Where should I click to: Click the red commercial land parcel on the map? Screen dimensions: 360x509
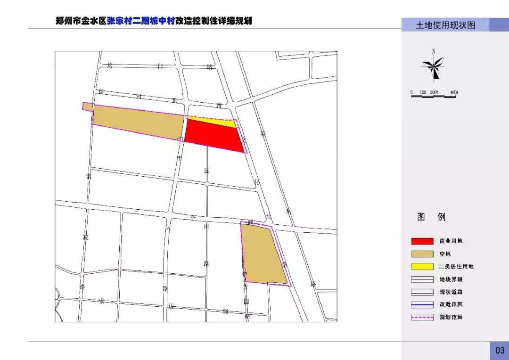coord(214,135)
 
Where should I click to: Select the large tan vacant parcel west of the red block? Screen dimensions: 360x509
coord(137,122)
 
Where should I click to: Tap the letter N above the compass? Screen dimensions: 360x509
coord(434,51)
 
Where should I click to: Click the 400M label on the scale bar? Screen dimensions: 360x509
coord(453,92)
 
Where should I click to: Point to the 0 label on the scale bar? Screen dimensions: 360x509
coord(411,92)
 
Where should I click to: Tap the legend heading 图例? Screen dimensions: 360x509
coord(431,217)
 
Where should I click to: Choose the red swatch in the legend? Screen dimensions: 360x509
coord(422,241)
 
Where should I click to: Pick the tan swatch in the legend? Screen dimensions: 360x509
coord(422,254)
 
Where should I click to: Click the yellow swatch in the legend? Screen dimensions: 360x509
coord(422,266)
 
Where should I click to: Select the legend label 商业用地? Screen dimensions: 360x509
coord(451,241)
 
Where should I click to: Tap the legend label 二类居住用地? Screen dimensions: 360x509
coord(456,266)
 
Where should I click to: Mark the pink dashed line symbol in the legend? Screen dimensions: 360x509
coord(422,317)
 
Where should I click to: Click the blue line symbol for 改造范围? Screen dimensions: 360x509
coord(422,304)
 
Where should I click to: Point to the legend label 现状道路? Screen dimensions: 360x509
coord(451,292)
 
